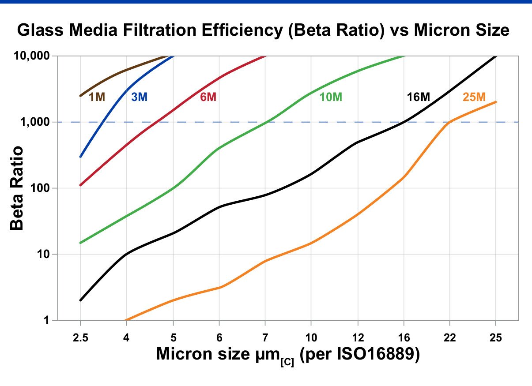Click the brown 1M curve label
pos(97,97)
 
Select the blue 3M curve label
pos(139,97)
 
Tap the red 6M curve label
pos(208,97)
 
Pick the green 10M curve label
pos(331,97)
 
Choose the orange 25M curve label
pos(474,97)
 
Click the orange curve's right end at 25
pos(496,102)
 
